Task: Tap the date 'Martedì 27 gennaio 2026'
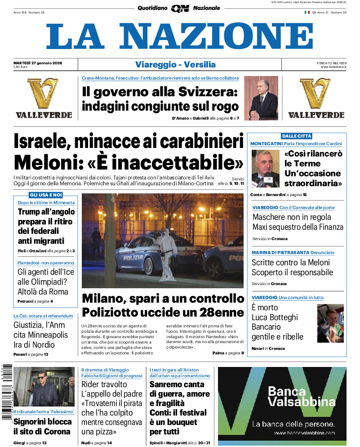click(38, 63)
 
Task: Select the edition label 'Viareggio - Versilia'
click(175, 64)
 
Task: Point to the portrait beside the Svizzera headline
click(261, 98)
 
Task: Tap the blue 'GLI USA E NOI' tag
click(45, 195)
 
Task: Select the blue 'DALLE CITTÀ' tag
click(296, 136)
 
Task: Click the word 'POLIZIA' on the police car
click(133, 258)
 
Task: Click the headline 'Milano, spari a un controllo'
click(163, 299)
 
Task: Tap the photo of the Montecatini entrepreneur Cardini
click(265, 168)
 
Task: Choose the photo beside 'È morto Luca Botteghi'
click(330, 323)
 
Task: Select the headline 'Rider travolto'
click(104, 384)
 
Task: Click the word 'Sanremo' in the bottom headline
click(168, 384)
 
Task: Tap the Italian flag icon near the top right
click(307, 12)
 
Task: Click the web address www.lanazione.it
click(333, 67)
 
